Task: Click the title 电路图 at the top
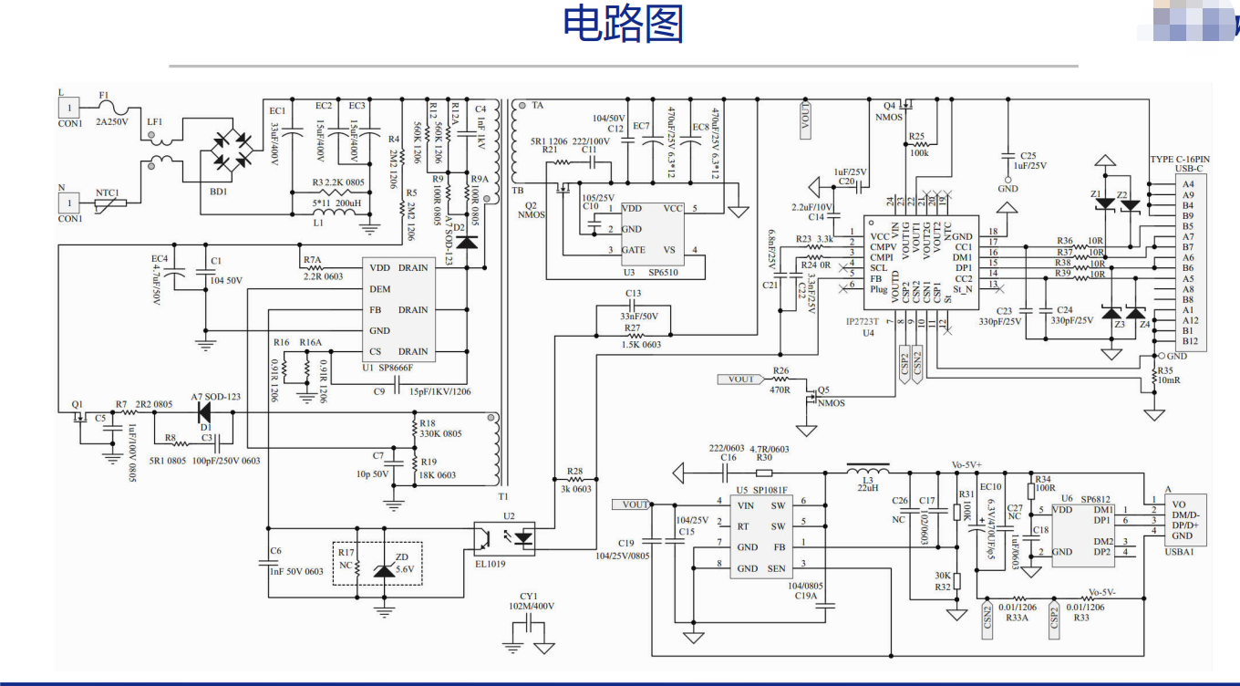[x=623, y=25]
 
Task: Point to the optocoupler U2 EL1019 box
[x=511, y=538]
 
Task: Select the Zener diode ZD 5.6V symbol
[x=385, y=569]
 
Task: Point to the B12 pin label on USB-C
[x=1190, y=341]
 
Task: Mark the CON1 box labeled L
[x=70, y=108]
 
